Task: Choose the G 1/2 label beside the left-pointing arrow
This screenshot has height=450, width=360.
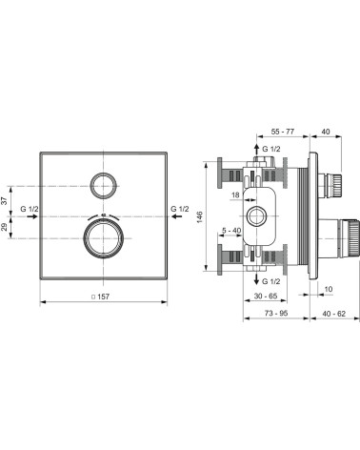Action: (x=181, y=209)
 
